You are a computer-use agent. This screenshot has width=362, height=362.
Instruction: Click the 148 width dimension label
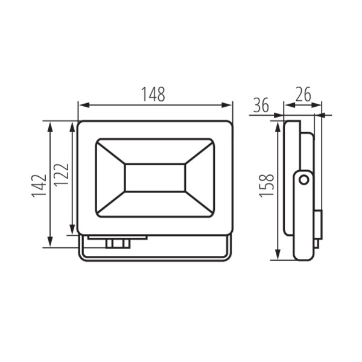153,94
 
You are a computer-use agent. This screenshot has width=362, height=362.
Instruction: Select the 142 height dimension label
39,186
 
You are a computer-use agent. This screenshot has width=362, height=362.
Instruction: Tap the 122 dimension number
62,174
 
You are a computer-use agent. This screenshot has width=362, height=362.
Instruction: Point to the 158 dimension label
267,185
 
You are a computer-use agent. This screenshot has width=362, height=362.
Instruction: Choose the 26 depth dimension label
303,94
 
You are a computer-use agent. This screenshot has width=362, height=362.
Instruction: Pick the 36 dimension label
261,105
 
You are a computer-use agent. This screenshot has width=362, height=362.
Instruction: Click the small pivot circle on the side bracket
304,180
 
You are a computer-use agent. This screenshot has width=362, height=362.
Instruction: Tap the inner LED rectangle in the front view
155,178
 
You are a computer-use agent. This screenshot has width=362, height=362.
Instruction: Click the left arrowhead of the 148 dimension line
84,105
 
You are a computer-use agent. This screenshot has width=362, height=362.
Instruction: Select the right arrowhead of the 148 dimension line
226,105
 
